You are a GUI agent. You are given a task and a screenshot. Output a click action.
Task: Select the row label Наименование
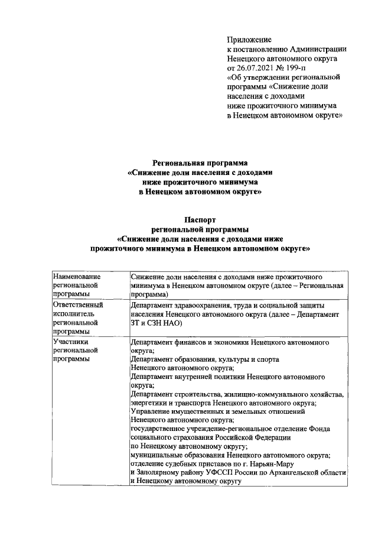coord(77,276)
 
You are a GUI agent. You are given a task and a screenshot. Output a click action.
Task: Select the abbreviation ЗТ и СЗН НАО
coord(156,323)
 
